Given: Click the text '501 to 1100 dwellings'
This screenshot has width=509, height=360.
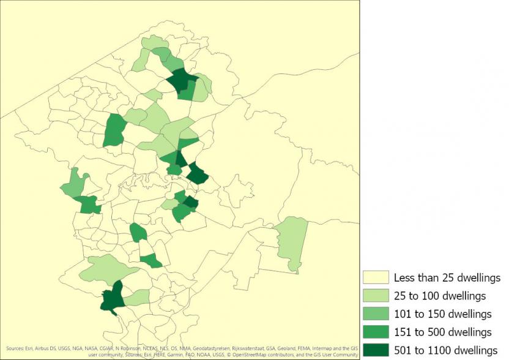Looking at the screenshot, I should [445, 350].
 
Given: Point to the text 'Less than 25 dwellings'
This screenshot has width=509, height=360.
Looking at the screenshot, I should [447, 278].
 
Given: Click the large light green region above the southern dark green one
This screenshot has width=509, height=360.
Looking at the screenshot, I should [107, 268].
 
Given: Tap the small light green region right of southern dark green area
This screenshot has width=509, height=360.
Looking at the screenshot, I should [138, 298].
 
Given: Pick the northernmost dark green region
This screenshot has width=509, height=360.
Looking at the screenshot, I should [180, 80].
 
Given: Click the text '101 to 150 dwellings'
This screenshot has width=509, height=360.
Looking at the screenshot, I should [442, 314].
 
